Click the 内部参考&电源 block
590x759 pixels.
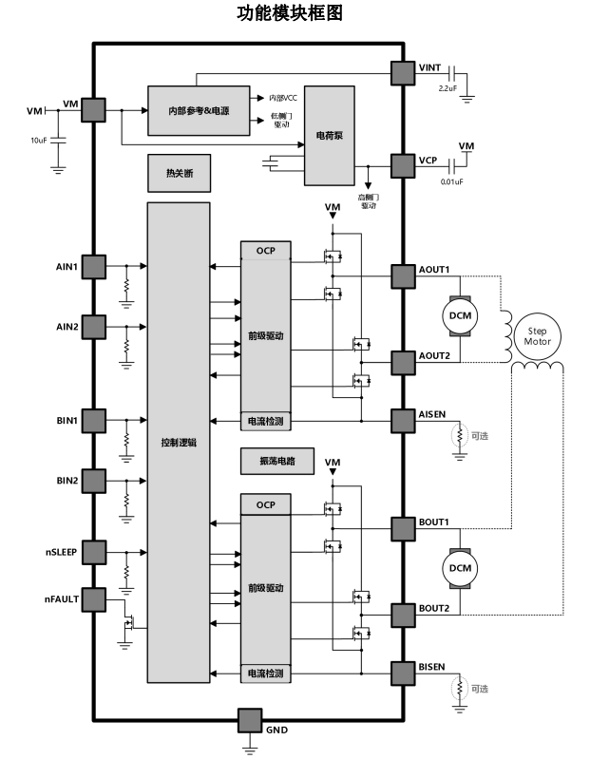pos(200,109)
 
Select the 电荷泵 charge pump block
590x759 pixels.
pos(328,136)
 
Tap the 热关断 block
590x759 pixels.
pos(178,174)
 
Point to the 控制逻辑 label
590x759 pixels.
pos(178,444)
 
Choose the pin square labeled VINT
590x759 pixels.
pos(404,72)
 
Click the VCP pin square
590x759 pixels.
pos(404,161)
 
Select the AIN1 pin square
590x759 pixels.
pos(93,265)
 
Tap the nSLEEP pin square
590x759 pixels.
pos(93,552)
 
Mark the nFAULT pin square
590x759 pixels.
pos(93,599)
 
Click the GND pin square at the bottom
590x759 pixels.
pos(250,720)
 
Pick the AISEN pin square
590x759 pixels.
pos(404,418)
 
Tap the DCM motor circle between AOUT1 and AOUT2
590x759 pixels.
pos(460,314)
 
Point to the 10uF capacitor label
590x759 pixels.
pos(38,140)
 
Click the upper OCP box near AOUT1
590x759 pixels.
pos(265,251)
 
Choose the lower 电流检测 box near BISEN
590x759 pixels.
pos(265,674)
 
